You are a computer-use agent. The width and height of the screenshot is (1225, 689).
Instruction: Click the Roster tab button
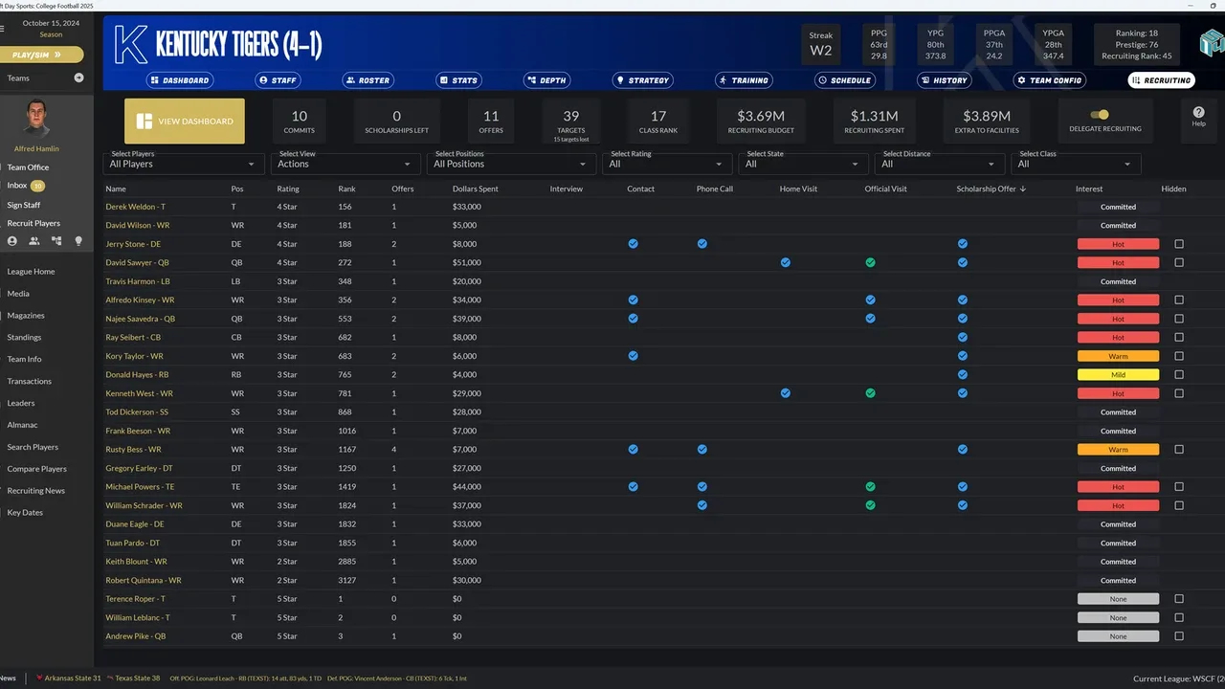(368, 80)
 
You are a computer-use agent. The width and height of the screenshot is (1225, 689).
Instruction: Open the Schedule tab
(845, 80)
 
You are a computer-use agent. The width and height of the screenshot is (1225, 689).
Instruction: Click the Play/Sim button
(41, 55)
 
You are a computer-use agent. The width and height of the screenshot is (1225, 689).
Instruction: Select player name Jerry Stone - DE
(140, 244)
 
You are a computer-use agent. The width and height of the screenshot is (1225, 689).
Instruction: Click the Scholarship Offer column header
(991, 189)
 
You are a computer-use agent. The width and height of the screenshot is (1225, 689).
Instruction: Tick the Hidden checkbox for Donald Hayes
(1179, 375)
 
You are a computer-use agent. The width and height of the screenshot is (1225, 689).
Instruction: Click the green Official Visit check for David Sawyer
(870, 262)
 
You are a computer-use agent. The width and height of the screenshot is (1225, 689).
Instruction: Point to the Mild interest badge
(1118, 375)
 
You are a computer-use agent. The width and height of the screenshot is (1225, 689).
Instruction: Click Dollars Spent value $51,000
(466, 262)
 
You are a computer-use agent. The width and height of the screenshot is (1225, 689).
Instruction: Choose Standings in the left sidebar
(25, 337)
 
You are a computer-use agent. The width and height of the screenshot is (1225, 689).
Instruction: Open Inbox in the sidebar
(17, 185)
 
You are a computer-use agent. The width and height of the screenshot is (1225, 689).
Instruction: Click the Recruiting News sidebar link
(36, 491)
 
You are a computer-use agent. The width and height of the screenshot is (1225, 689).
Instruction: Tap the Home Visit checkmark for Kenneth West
(785, 393)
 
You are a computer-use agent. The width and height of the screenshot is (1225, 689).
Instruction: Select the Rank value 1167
(346, 449)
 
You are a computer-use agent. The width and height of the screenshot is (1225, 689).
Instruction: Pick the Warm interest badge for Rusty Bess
(1118, 449)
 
